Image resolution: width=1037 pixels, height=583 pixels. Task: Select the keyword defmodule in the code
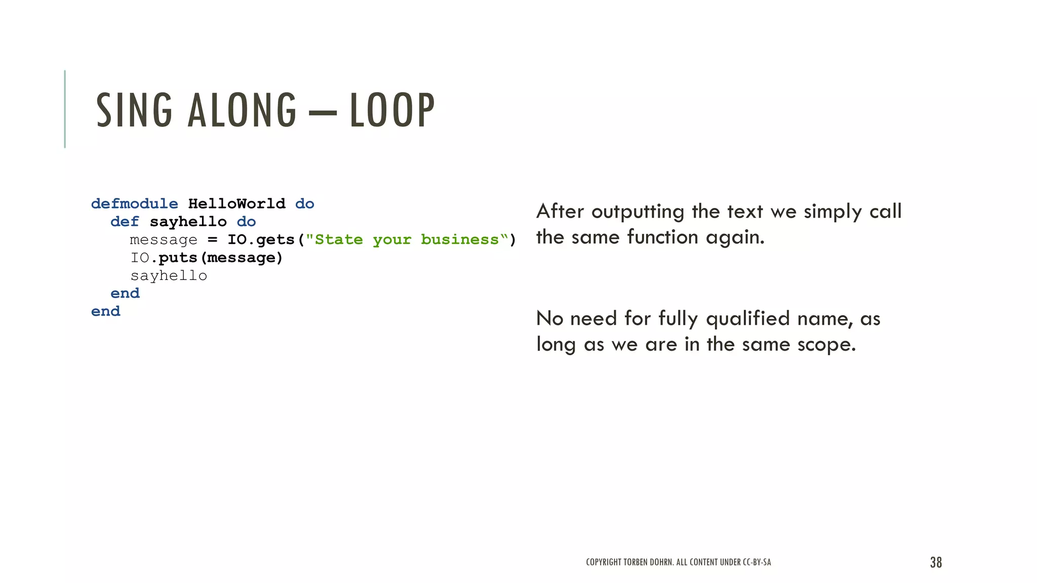click(x=134, y=204)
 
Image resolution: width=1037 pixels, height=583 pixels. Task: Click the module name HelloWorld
click(x=236, y=204)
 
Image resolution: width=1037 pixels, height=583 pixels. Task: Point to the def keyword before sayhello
click(x=125, y=222)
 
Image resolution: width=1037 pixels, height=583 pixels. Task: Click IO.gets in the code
click(x=261, y=240)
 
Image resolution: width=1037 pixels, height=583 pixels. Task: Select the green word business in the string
click(x=460, y=240)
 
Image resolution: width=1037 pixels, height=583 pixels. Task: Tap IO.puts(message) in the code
click(x=207, y=258)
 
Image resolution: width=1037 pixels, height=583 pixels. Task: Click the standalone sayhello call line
click(x=169, y=276)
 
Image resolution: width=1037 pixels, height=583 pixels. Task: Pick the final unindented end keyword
click(x=106, y=311)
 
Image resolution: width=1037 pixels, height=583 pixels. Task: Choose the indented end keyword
click(x=125, y=294)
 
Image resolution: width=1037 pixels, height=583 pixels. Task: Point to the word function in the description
click(x=663, y=237)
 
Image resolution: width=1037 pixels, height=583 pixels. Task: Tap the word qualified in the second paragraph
click(x=747, y=319)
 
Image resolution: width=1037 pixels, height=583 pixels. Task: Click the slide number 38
click(x=936, y=562)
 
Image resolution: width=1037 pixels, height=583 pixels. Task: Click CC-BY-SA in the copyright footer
click(x=756, y=562)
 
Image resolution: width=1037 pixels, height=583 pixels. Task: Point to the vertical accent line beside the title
click(x=65, y=109)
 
